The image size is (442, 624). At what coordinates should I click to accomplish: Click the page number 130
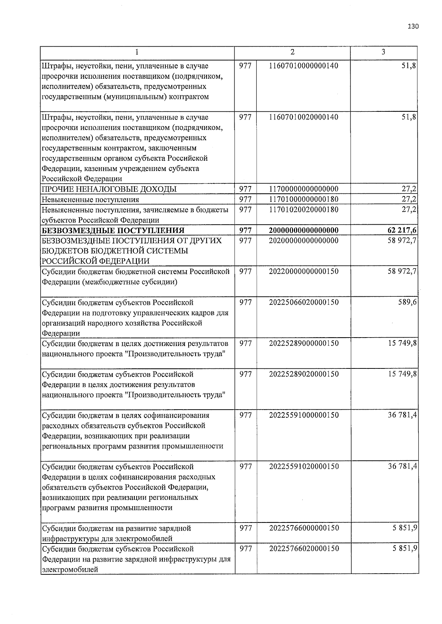click(413, 26)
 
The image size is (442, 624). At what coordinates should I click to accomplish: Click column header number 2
click(292, 52)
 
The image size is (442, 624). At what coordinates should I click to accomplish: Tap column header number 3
click(383, 52)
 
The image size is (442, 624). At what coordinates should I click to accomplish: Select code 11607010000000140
click(304, 66)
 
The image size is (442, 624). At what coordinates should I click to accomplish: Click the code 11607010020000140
click(304, 117)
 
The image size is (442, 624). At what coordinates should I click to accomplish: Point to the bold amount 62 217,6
click(402, 231)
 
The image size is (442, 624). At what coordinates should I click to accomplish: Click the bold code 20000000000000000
click(304, 231)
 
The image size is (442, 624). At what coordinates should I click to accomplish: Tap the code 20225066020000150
click(304, 302)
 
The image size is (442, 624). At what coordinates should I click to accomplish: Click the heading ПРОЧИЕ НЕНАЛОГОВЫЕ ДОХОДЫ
click(109, 189)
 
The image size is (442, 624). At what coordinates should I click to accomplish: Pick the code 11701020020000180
click(304, 210)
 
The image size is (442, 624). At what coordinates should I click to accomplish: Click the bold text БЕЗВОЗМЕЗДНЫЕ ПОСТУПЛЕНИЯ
click(113, 231)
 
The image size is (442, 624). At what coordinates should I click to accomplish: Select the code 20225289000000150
click(304, 343)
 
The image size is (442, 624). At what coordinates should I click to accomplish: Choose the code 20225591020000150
click(304, 467)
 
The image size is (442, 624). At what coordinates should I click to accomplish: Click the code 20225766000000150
click(304, 528)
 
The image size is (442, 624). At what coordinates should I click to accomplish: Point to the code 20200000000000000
click(304, 240)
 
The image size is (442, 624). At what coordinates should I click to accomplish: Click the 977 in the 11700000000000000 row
click(245, 189)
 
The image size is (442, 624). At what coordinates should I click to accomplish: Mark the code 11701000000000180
click(304, 199)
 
